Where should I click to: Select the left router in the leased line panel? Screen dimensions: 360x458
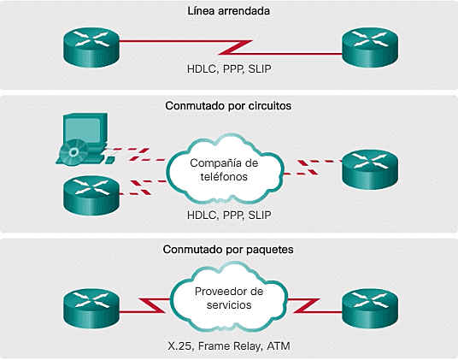tap(91, 43)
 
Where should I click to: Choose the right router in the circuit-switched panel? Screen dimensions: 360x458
tap(369, 168)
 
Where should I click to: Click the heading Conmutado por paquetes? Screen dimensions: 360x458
tap(228, 251)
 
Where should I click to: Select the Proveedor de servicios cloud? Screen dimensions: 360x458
tap(228, 299)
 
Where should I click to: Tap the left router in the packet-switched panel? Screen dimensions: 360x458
tap(91, 304)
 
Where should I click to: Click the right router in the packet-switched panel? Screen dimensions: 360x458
tap(369, 304)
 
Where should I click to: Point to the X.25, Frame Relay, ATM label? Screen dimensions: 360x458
tap(228, 346)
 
